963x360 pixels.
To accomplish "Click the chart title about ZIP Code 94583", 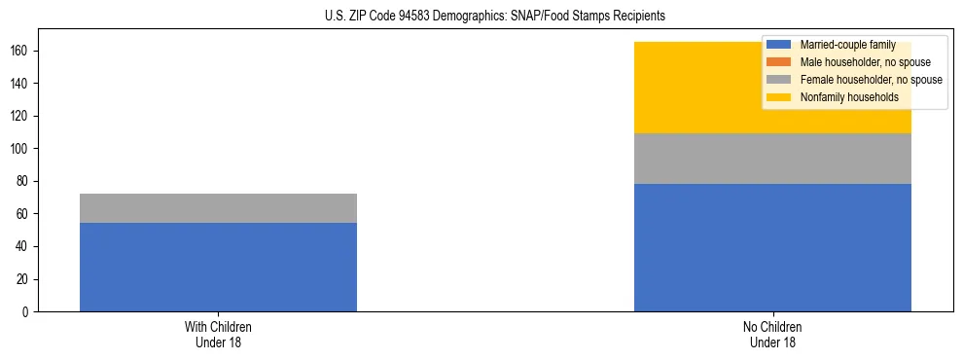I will tap(495, 17).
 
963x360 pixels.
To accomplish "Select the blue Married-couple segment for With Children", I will tap(218, 267).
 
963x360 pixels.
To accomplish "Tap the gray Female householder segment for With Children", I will tap(218, 208).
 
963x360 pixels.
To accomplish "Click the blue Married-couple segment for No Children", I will tap(772, 247).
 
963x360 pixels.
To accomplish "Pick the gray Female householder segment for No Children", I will tap(772, 159).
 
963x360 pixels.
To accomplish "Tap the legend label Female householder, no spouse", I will tap(871, 80).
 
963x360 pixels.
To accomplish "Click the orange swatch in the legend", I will tap(779, 62).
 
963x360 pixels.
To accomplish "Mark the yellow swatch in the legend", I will tap(779, 97).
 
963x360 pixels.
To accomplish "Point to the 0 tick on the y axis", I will tap(27, 312).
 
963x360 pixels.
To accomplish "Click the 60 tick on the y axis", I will tap(24, 214).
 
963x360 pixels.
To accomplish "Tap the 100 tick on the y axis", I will tap(21, 149).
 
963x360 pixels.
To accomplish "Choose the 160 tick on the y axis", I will tap(21, 51).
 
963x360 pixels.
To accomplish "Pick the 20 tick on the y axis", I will tap(24, 279).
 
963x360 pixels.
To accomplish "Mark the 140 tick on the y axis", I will tap(21, 84).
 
